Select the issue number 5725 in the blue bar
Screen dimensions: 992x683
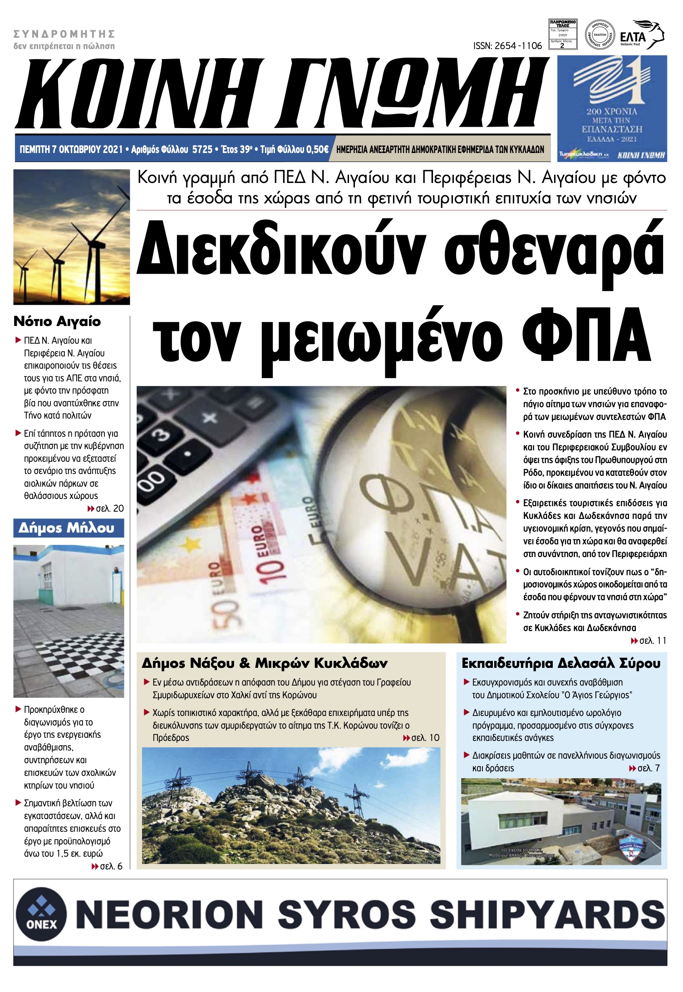(x=202, y=149)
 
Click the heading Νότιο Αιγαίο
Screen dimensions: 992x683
(x=57, y=321)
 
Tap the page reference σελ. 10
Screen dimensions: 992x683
(x=424, y=738)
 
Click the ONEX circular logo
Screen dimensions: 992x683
(x=41, y=913)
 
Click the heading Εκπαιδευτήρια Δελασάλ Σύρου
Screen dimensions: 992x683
(x=561, y=663)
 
